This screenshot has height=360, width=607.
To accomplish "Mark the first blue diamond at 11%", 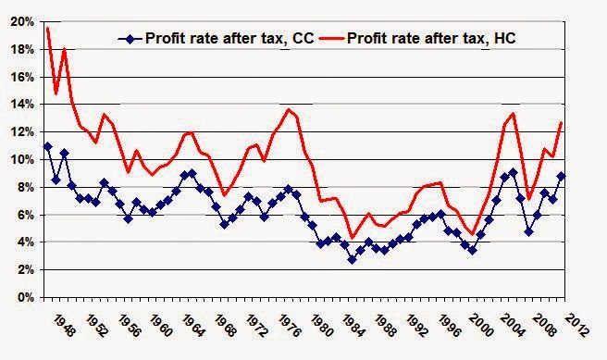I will [x=47, y=146].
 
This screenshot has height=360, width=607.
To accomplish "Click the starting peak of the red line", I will [x=47, y=28].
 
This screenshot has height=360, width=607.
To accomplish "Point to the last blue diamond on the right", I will [x=587, y=176].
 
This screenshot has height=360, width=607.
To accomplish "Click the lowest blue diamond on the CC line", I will [x=352, y=260].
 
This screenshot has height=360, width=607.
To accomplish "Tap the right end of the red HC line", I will [x=587, y=123].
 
